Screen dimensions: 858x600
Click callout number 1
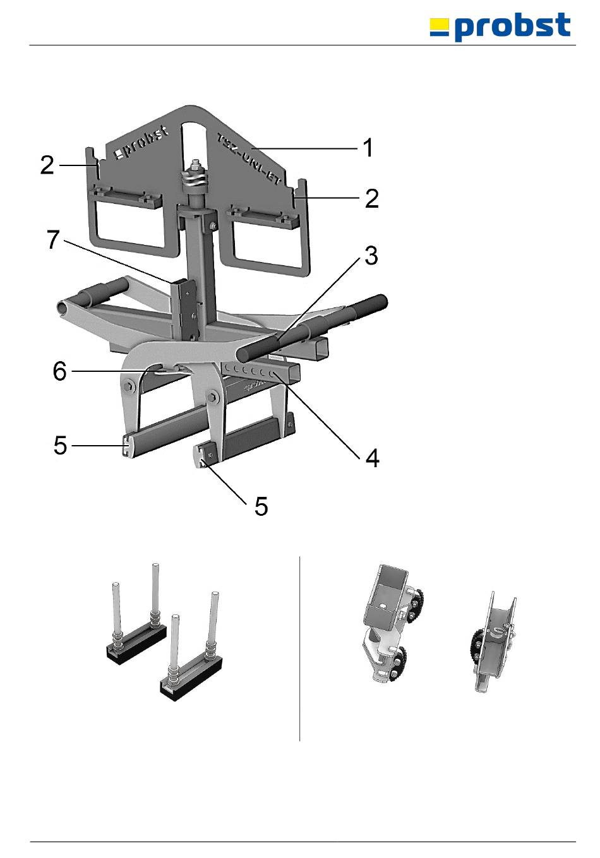click(368, 148)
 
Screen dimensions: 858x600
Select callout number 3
click(371, 256)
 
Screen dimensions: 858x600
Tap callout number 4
click(373, 458)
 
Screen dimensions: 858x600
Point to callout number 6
click(60, 371)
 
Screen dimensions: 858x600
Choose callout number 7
click(54, 240)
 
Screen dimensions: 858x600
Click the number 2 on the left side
click(47, 165)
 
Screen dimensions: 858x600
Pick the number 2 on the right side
click(372, 198)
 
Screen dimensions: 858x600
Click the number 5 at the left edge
click(60, 446)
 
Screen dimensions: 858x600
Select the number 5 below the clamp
click(261, 506)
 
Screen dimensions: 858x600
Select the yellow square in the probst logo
click(440, 27)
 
